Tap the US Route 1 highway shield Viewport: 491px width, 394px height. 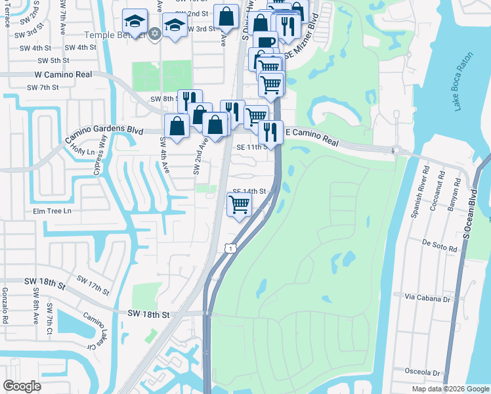point(228,246)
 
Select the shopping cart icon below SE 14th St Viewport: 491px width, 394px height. point(239,204)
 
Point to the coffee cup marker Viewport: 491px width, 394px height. point(265,43)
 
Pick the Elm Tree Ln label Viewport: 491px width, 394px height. point(51,211)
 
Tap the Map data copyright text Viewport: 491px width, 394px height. point(450,389)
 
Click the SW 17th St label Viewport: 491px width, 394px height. point(91,288)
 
